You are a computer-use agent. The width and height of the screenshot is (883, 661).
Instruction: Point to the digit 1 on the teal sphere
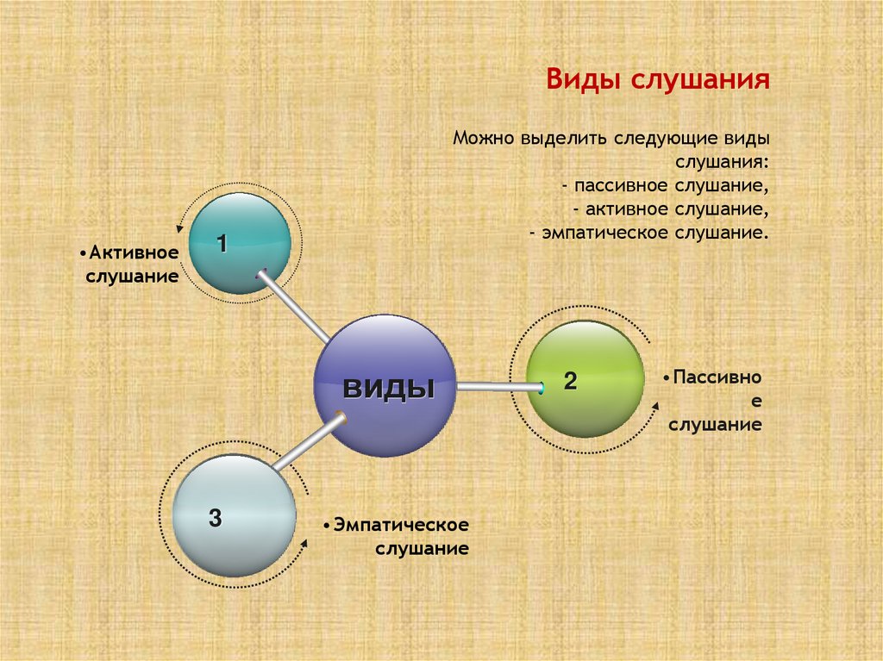coord(222,244)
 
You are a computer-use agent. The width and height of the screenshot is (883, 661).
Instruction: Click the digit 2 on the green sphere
coord(570,382)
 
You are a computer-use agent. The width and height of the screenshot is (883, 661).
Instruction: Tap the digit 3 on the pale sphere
coord(215,518)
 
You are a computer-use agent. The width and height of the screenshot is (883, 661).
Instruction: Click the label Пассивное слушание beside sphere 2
coord(712,401)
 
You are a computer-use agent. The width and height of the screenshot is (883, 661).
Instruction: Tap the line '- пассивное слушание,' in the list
coord(663,185)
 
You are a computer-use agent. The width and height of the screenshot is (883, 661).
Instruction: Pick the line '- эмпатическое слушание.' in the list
coord(648,233)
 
